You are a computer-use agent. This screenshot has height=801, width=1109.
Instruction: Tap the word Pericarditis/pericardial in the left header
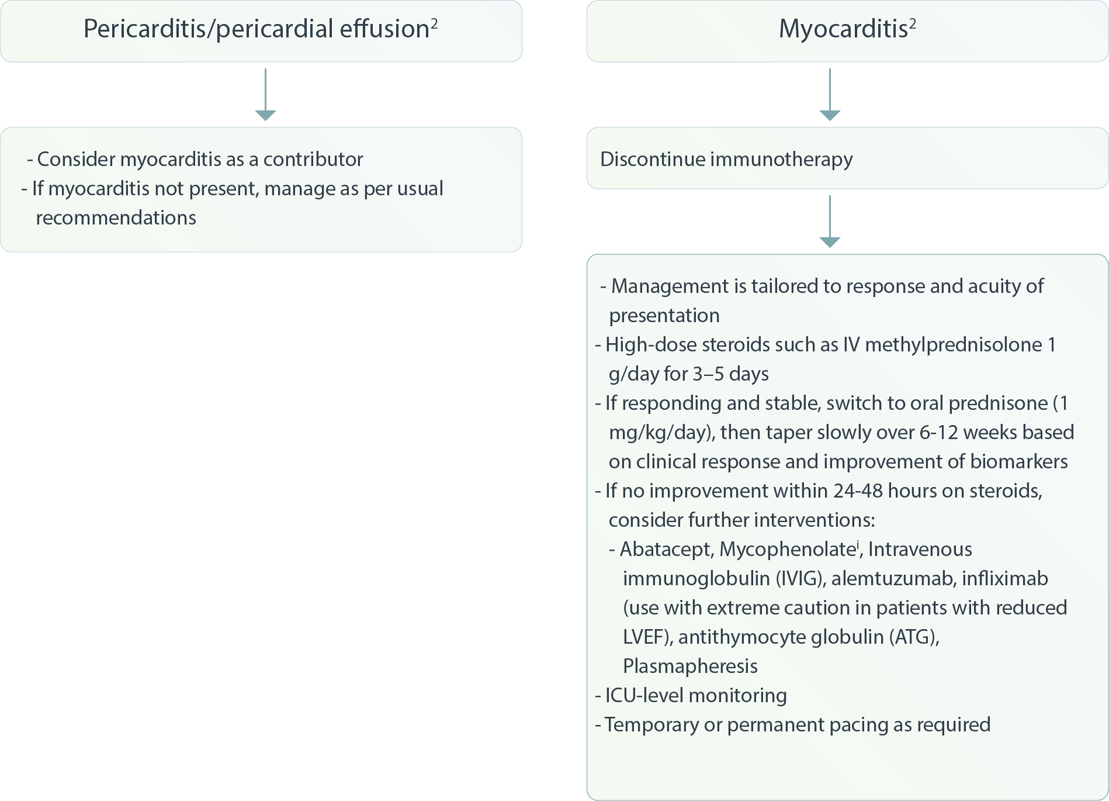tap(208, 29)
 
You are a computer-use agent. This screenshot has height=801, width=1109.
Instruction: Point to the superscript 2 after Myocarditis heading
tap(912, 23)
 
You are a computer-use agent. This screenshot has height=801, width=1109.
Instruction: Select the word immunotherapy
tap(781, 159)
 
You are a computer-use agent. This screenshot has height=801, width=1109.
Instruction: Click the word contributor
tap(313, 159)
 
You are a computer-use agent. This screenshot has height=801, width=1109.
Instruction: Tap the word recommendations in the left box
tap(116, 217)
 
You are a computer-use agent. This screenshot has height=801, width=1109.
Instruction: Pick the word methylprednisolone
tap(953, 344)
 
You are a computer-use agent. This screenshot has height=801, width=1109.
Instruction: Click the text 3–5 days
tap(730, 374)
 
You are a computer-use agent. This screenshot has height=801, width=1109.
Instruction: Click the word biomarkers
tap(1018, 461)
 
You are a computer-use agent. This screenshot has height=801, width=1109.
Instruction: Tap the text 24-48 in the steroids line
tap(858, 491)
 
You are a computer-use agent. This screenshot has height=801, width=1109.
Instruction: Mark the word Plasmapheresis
tap(690, 666)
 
